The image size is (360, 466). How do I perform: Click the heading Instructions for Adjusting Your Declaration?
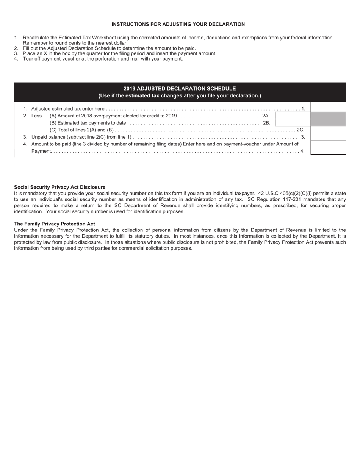point(178,24)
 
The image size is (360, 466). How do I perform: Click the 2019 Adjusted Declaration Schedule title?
point(180,88)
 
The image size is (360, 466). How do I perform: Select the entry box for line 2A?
point(293,116)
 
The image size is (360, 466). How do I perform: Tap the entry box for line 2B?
point(293,122)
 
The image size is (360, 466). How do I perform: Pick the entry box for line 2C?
point(328,130)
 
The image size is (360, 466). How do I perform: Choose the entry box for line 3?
point(328,137)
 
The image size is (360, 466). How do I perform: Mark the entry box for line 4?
point(328,147)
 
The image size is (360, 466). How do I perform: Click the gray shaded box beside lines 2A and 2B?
point(328,119)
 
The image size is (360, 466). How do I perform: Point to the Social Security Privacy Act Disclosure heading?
point(59,187)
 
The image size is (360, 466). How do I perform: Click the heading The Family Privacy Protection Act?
point(55,224)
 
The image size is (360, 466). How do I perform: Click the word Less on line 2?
point(36,116)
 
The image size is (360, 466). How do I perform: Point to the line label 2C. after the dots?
point(300,130)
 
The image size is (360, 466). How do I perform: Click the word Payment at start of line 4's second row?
point(41,151)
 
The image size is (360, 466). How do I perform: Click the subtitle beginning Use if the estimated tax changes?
point(180,95)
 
